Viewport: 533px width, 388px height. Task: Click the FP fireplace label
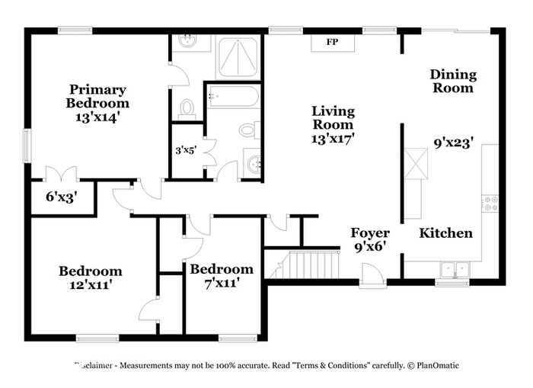(332, 42)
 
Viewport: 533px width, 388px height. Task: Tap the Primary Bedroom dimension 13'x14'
(97, 117)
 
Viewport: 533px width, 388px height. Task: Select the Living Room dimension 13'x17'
(334, 139)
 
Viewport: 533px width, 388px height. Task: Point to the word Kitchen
(446, 233)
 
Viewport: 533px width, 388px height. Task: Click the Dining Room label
(453, 81)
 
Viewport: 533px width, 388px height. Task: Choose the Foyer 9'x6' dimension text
(370, 246)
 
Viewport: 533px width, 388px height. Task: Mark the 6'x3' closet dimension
(62, 197)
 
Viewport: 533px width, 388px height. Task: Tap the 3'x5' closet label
(186, 150)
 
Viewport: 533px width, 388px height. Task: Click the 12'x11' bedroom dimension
(91, 285)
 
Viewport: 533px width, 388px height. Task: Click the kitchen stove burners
(490, 204)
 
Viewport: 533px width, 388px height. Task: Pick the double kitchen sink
(455, 269)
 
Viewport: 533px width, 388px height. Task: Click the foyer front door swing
(372, 274)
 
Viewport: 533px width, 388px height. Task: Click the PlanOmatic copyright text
(435, 365)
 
